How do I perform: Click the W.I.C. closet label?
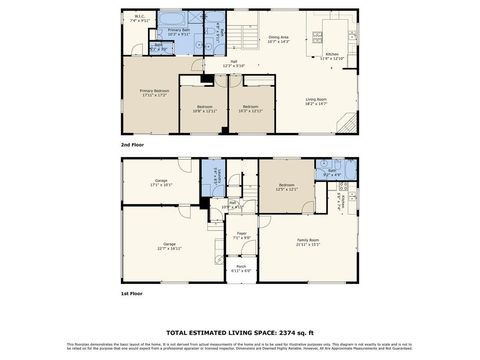coord(140,18)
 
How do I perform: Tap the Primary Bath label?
coord(180,32)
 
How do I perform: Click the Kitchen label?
coord(332,56)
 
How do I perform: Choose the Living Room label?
coord(317,100)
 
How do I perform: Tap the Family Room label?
coord(308,242)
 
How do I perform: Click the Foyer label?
coord(242,236)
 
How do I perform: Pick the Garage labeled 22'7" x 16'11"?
coord(170,246)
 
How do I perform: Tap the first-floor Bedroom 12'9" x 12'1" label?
coord(287,186)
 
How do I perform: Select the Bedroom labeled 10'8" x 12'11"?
coord(205,108)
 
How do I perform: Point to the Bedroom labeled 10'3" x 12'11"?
coord(250,108)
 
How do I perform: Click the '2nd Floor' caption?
coord(130,146)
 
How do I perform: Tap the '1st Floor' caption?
coord(130,294)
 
